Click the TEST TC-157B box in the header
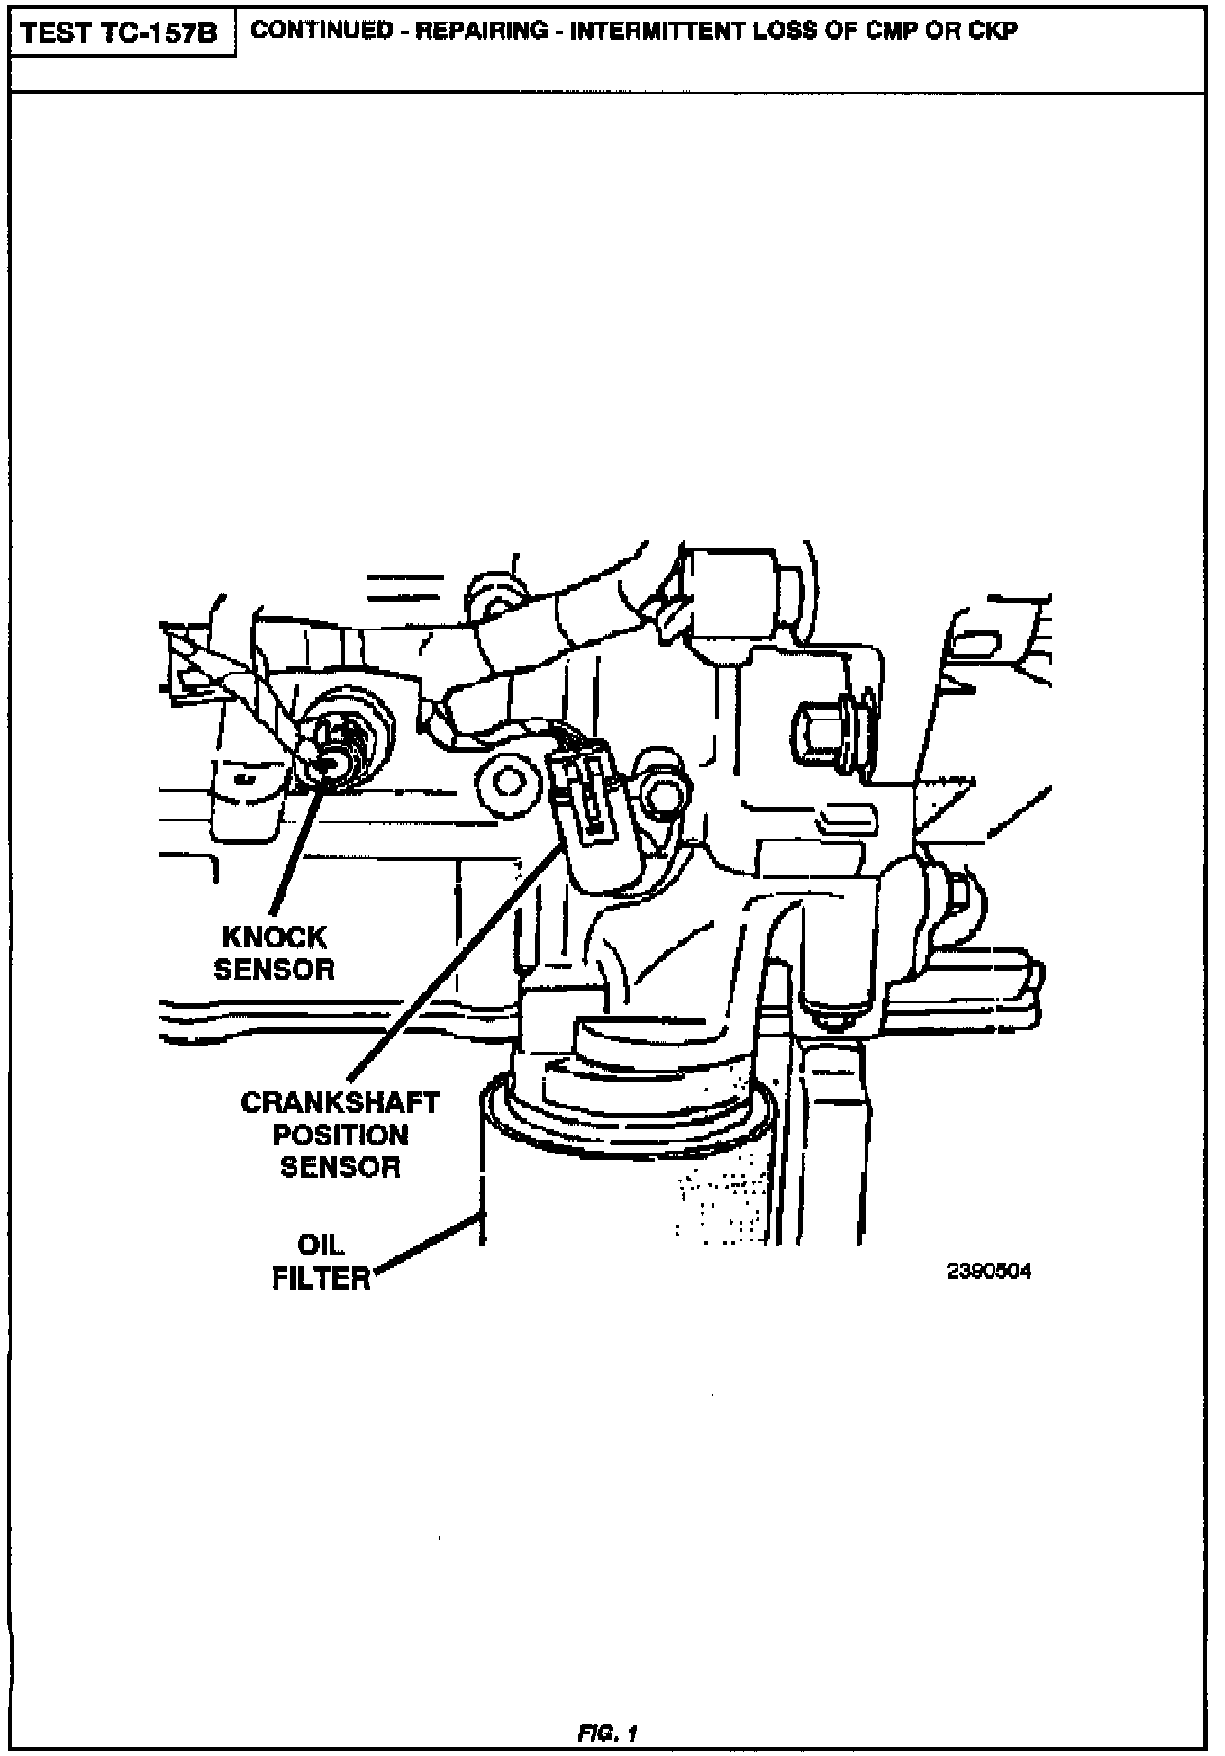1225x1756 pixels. pos(119,33)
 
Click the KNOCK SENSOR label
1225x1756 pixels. pos(274,954)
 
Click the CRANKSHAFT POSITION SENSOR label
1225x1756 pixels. pos(340,1135)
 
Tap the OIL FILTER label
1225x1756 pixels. pos(321,1262)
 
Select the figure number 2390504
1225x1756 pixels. pos(988,1271)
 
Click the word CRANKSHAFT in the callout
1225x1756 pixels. pos(340,1103)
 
